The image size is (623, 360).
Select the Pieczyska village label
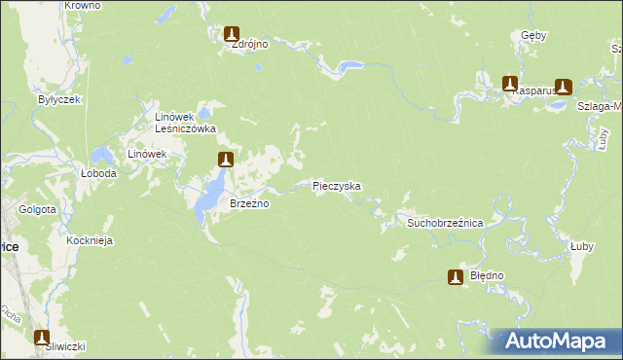coord(337,185)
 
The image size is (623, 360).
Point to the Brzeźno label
coord(248,204)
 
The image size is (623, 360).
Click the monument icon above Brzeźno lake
coord(225,160)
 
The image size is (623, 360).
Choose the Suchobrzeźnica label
coord(445,223)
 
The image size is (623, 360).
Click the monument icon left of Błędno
coord(455,277)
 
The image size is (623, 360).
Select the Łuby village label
coord(582,247)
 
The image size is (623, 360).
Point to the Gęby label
coord(534,36)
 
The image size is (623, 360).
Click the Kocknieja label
coord(90,240)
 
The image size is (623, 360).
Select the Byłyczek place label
coord(57,99)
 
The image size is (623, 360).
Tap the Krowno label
coord(82,6)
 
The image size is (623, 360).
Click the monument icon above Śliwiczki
coord(42,338)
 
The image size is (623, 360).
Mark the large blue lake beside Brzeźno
coord(209,195)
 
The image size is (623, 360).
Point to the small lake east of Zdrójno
coord(347,66)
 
